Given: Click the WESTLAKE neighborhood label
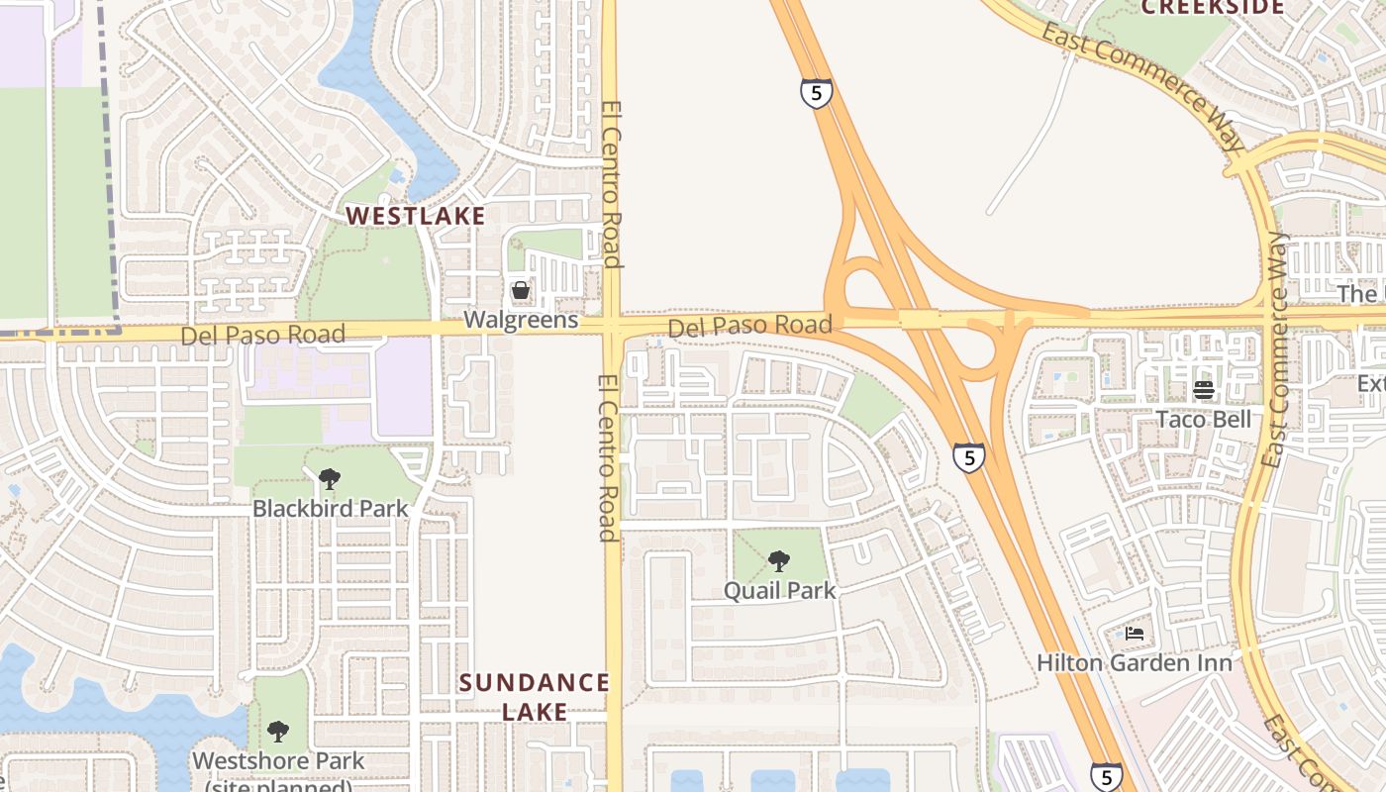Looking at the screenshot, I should click(x=415, y=216).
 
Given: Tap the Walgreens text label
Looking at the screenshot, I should click(x=522, y=321).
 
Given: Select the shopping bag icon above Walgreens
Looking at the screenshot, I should click(x=521, y=291).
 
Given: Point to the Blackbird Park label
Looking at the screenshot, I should click(x=330, y=509).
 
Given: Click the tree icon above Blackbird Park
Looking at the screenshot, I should click(x=329, y=480).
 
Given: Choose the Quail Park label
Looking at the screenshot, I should click(x=780, y=591).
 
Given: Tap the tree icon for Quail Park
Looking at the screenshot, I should click(x=779, y=561).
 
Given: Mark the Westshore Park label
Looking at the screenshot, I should click(x=278, y=761).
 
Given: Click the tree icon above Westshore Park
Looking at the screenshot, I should click(x=278, y=732).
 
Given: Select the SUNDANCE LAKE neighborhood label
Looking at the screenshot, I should click(x=535, y=696).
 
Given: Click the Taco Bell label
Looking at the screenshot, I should click(x=1204, y=419).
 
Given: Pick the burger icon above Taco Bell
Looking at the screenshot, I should click(x=1204, y=390).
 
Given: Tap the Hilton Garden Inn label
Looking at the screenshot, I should click(x=1135, y=662).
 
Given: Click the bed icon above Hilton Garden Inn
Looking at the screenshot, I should click(x=1135, y=634).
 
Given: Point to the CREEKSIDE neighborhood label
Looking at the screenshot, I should click(x=1213, y=8).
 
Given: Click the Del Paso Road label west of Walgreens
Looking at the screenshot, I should click(x=262, y=335).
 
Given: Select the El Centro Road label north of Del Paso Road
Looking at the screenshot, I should click(x=611, y=184).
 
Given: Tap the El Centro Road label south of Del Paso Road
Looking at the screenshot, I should click(x=608, y=457).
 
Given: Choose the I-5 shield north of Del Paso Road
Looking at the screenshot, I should click(x=816, y=94).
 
